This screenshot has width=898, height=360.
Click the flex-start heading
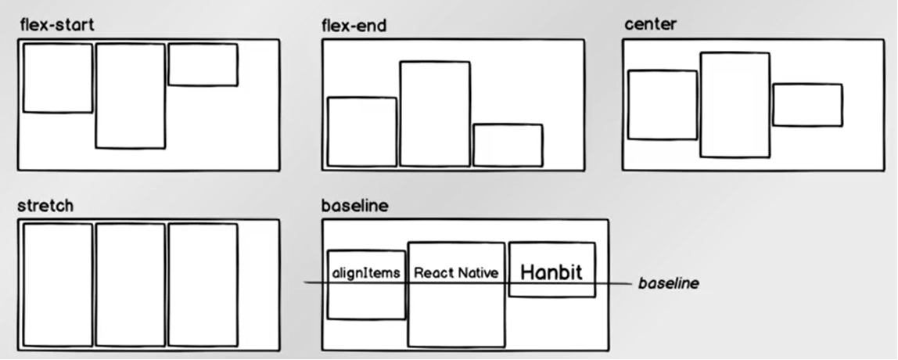[56, 25]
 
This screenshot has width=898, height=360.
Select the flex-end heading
[354, 26]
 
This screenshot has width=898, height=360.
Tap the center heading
[650, 24]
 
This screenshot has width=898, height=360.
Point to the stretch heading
[45, 206]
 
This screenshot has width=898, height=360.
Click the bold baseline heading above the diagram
[354, 206]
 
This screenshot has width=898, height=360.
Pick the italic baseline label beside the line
[668, 283]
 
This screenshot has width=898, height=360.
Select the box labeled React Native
[456, 313]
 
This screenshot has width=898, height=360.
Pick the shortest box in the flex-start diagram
[203, 64]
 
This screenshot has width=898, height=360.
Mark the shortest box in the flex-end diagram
[508, 145]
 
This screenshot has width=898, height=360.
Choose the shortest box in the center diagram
[807, 105]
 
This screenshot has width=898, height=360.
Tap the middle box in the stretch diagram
[131, 285]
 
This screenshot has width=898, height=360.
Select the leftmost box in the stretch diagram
[58, 285]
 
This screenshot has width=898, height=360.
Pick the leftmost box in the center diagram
[662, 105]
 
